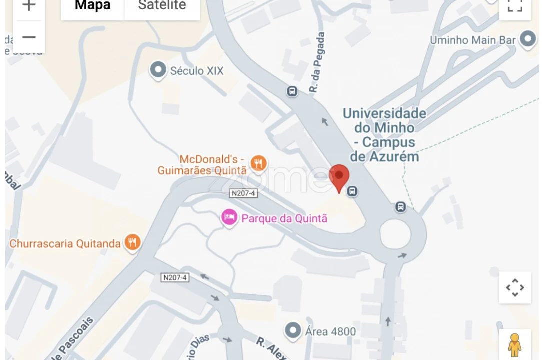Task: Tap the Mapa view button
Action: [92, 6]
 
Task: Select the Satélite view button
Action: [162, 6]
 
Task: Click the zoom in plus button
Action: [29, 6]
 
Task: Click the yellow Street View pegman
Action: [514, 344]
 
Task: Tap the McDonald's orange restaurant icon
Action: [258, 162]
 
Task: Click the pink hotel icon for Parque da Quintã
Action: [229, 218]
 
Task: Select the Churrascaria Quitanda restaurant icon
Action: [132, 243]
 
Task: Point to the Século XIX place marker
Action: [158, 70]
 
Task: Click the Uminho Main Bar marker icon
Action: [527, 39]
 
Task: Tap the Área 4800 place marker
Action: [293, 331]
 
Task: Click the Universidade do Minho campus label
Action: [384, 135]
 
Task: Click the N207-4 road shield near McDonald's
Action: [243, 193]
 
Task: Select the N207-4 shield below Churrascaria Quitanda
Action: [175, 277]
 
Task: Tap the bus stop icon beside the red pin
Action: [352, 191]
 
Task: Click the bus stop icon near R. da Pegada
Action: [292, 91]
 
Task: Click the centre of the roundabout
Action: [395, 234]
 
